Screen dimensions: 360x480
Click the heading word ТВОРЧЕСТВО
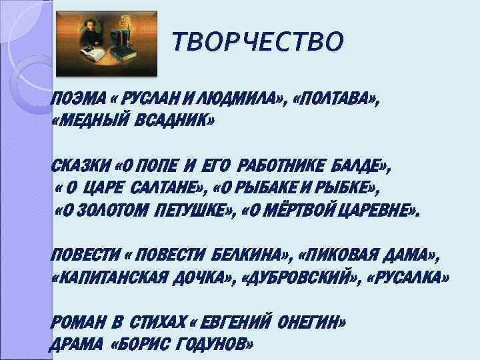258,42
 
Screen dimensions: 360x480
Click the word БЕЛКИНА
247,255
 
